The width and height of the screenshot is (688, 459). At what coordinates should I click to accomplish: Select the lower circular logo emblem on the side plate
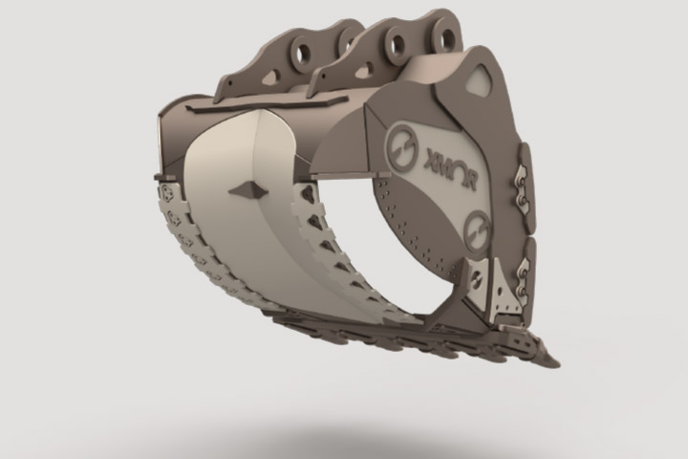[x=474, y=229]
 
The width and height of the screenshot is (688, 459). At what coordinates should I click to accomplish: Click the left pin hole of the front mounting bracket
[x=394, y=42]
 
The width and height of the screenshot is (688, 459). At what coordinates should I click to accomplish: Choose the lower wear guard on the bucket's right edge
[x=520, y=277]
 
